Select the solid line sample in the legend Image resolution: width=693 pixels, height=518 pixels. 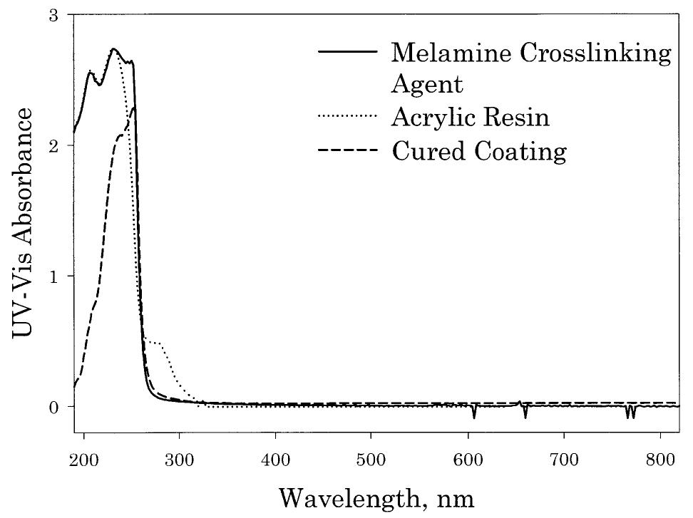coord(346,52)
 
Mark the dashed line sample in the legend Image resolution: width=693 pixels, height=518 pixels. coord(346,151)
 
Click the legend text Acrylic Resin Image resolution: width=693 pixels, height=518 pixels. coord(471,118)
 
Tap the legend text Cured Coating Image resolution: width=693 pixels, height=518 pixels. coord(479,150)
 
